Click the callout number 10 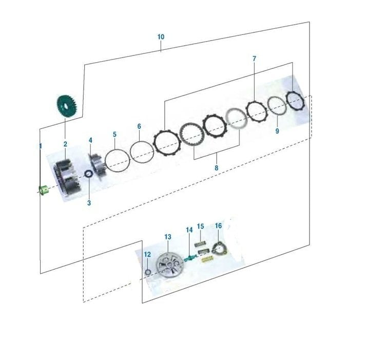point(161,37)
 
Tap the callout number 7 point(254,59)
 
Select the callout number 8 point(216,167)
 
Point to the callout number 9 point(277,131)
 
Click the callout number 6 point(139,126)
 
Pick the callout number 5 point(114,135)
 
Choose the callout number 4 point(90,140)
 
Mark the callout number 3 point(89,203)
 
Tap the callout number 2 point(65,144)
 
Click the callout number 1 point(41,146)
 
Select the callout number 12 point(147,254)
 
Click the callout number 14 point(189,230)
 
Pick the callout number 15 point(200,226)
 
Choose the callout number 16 point(218,225)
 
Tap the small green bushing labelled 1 point(43,190)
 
